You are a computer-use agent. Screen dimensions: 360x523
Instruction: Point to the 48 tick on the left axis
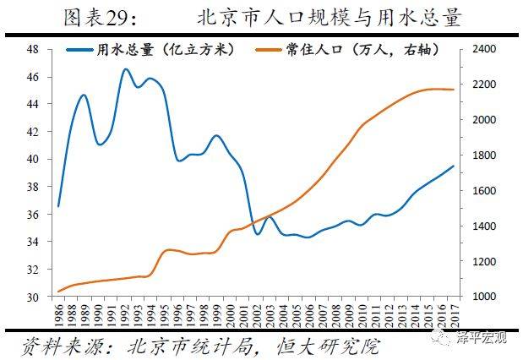[x=33, y=50]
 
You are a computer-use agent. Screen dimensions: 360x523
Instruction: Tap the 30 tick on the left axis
[x=33, y=297]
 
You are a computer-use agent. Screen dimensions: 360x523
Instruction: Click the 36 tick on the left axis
[x=33, y=215]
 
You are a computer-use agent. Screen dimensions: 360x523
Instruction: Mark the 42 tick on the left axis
[x=33, y=132]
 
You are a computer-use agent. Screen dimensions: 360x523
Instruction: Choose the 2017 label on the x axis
[x=453, y=317]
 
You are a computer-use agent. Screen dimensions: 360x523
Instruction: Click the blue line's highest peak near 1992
[x=125, y=69]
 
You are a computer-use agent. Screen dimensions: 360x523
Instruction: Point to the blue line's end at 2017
[x=453, y=166]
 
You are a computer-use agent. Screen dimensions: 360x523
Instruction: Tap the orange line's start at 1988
[x=58, y=292]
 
